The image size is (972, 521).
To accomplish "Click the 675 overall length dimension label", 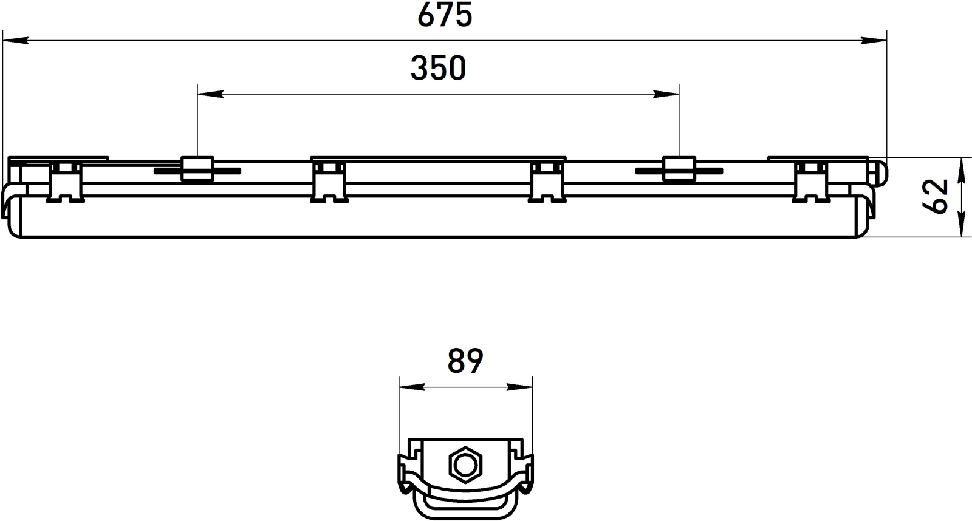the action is [445, 16].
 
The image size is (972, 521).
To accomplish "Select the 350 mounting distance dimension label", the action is [438, 69].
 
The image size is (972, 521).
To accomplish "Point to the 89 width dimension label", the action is [465, 361].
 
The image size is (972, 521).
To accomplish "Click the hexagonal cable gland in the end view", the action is [465, 465].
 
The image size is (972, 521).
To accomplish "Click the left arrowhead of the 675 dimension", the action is [15, 41].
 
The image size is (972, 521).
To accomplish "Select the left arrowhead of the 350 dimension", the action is [210, 94].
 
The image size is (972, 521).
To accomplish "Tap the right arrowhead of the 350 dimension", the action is [666, 94].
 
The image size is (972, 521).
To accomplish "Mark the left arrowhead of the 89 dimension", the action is [412, 387].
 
